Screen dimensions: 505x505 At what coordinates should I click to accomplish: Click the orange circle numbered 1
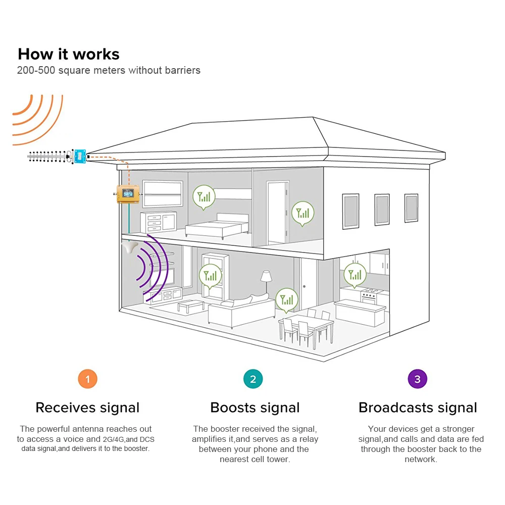pyautogui.click(x=87, y=379)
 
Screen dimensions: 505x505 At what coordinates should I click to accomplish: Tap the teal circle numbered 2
pyautogui.click(x=253, y=379)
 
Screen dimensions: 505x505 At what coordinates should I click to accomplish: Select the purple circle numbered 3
pyautogui.click(x=417, y=379)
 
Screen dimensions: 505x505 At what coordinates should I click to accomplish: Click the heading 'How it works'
pyautogui.click(x=69, y=54)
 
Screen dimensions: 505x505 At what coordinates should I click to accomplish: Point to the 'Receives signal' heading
pyautogui.click(x=87, y=408)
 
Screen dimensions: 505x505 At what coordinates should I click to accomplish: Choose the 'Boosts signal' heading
pyautogui.click(x=255, y=408)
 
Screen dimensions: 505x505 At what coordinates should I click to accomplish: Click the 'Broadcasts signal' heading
pyautogui.click(x=418, y=408)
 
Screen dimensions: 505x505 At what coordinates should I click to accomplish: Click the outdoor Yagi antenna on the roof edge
pyautogui.click(x=50, y=158)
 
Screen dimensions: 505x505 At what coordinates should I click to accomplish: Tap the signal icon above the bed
pyautogui.click(x=204, y=195)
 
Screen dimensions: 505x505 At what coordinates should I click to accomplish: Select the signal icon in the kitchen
pyautogui.click(x=356, y=274)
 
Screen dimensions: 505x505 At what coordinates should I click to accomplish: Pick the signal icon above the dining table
pyautogui.click(x=286, y=298)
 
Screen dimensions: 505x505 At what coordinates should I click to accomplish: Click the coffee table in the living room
pyautogui.click(x=191, y=306)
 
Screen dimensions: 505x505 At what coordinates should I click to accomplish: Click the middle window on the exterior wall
pyautogui.click(x=382, y=209)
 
